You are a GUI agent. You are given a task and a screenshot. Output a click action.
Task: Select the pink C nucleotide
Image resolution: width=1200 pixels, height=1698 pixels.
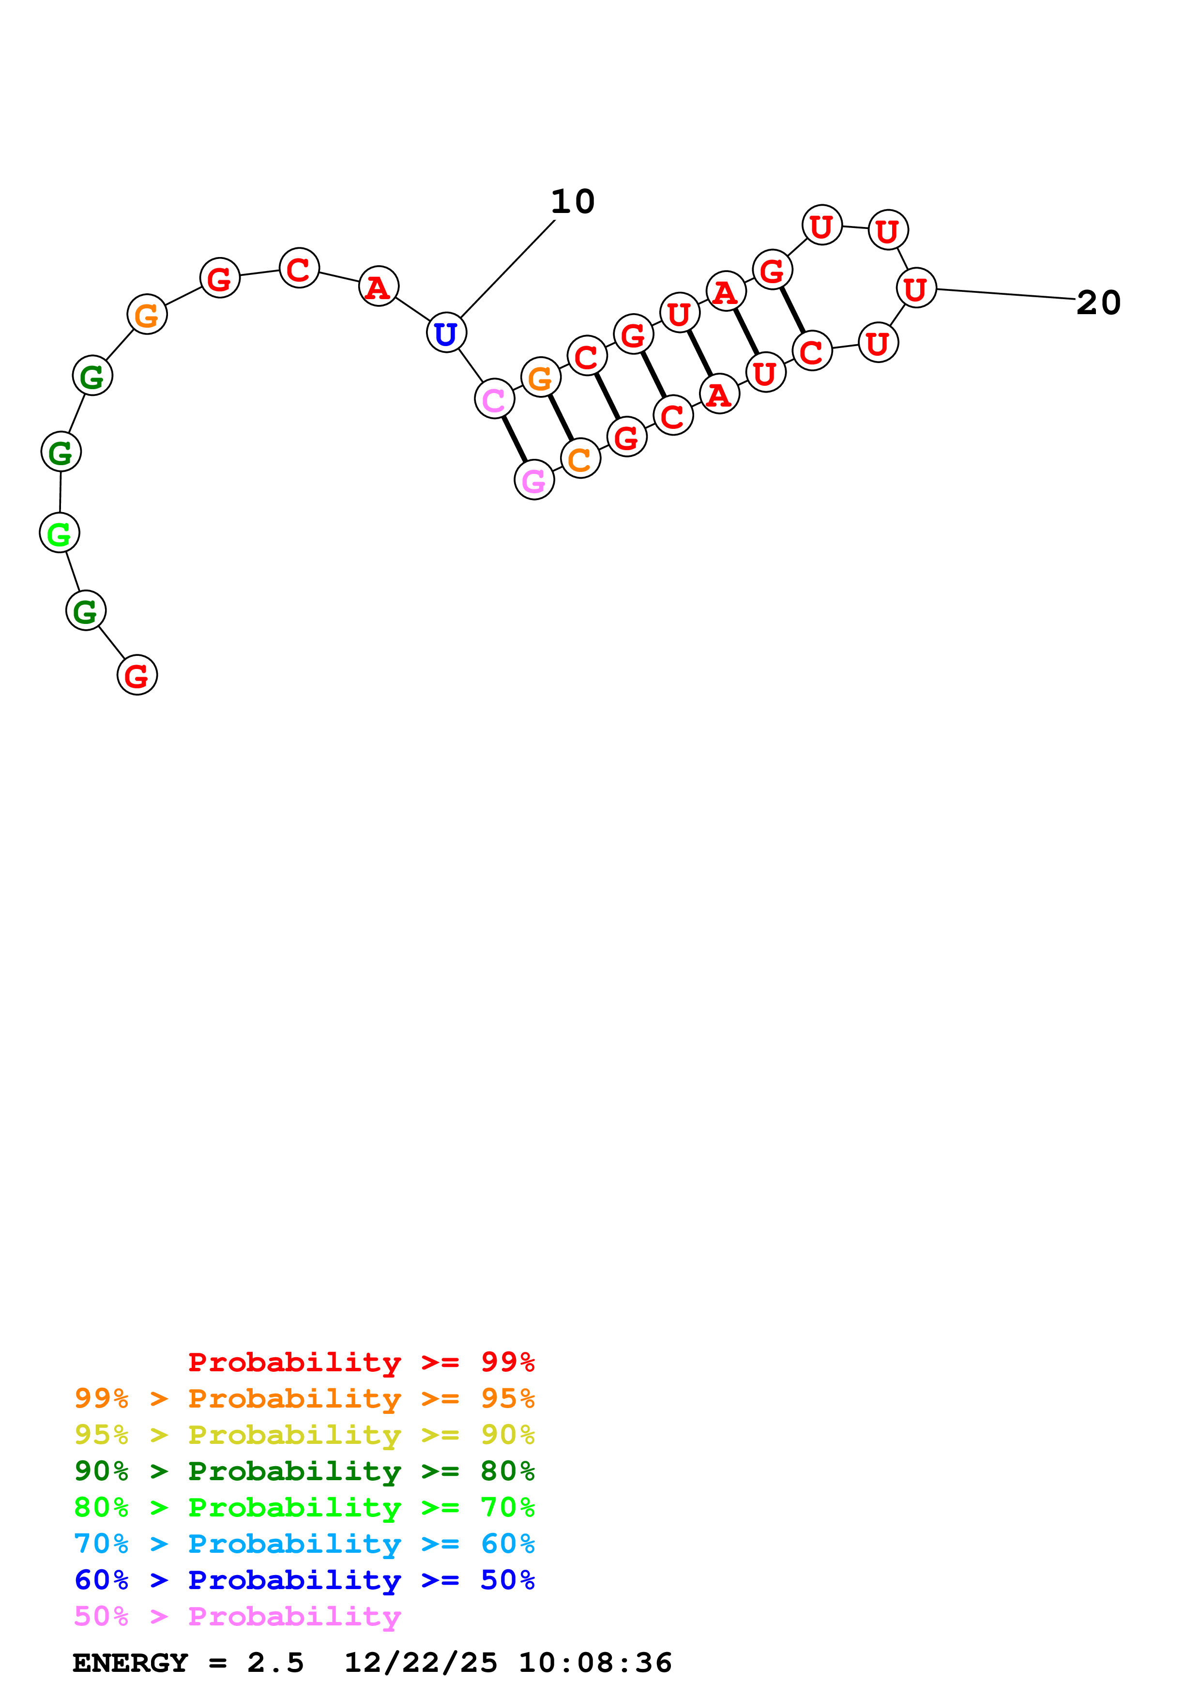pos(494,399)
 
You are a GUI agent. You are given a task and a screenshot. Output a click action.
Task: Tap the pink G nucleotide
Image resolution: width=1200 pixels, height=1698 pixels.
pos(534,480)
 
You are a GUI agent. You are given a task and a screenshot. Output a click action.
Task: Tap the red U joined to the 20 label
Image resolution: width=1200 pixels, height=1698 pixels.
pos(916,288)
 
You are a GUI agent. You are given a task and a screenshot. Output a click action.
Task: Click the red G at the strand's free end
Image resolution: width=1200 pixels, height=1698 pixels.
pos(137,675)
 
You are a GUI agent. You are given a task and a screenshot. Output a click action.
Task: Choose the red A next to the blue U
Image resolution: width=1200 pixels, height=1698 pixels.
pos(379,286)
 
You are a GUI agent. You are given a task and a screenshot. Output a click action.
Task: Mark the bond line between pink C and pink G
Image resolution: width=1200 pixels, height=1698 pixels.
pos(514,440)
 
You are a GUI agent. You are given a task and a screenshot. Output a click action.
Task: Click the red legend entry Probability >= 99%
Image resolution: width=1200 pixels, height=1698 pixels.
pos(361,1362)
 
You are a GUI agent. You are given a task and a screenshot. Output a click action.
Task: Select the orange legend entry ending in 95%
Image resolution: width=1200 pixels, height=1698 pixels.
pos(304,1398)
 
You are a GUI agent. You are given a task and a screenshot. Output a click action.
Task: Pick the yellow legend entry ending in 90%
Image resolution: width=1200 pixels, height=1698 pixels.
pos(304,1434)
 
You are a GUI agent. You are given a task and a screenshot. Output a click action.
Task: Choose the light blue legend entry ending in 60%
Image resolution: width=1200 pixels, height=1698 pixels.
pos(304,1544)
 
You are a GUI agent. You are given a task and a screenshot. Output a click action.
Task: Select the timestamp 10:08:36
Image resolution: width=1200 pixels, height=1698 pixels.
pos(595,1663)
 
